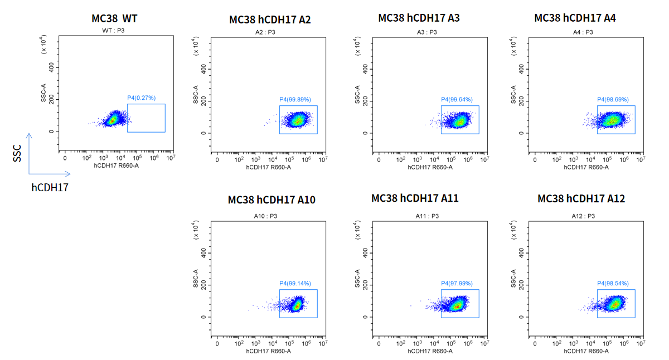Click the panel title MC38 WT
(x=114, y=18)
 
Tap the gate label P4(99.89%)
(x=295, y=100)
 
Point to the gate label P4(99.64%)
(x=457, y=100)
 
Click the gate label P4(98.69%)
(x=613, y=100)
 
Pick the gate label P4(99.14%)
(x=295, y=284)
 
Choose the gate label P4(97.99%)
(x=457, y=284)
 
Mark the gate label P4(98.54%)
(x=613, y=284)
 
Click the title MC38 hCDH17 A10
(x=272, y=200)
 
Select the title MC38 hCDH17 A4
(x=575, y=18)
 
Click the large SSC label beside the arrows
(x=17, y=152)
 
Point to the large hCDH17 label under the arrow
(x=50, y=188)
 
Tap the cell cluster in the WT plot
(x=113, y=119)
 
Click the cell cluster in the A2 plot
(x=297, y=119)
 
